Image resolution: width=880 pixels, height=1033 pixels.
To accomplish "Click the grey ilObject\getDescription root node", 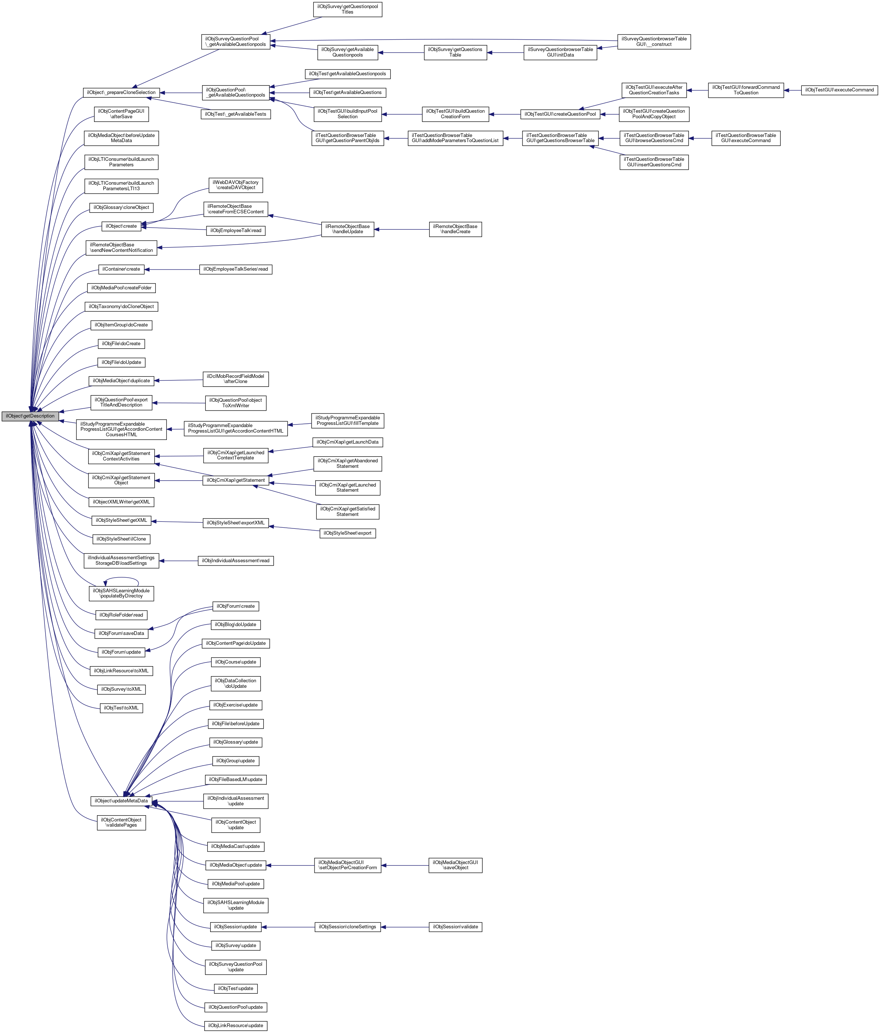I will click(30, 416).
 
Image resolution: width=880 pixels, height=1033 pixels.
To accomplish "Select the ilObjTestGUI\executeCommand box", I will click(839, 90).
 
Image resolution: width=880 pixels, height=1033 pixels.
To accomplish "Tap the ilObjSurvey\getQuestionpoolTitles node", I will click(347, 10).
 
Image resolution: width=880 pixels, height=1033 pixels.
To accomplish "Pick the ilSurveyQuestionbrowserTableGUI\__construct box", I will click(654, 41).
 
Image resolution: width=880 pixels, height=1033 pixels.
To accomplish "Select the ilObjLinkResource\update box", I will click(236, 1026).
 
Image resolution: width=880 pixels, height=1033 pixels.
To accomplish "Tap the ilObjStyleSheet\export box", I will click(347, 533).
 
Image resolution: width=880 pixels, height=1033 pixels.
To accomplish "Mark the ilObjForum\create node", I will click(236, 606).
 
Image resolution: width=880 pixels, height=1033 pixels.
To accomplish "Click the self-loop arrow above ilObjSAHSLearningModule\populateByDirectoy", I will click(121, 578).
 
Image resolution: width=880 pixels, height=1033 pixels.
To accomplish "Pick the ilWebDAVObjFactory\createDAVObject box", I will click(236, 185).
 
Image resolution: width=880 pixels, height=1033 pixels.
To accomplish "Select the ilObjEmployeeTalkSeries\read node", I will click(236, 269).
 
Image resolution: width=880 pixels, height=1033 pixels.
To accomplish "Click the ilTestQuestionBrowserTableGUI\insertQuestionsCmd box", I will click(654, 162).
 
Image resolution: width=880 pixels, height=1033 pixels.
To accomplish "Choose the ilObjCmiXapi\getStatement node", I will click(236, 480).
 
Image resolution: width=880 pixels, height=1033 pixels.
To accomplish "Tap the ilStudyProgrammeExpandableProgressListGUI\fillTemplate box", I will click(347, 420).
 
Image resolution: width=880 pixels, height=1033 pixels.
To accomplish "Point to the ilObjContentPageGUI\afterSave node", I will click(121, 114).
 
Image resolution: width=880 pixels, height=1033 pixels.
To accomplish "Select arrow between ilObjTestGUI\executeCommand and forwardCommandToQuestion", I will click(792, 90).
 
